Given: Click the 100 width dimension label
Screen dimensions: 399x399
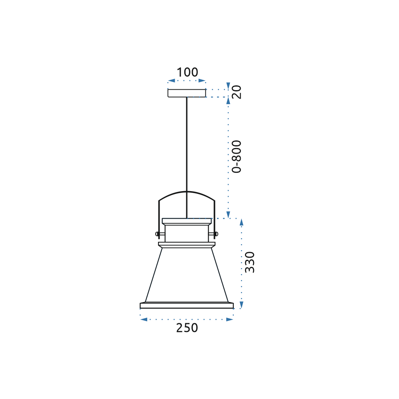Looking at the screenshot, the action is [187, 72].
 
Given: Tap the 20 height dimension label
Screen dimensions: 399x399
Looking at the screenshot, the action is [237, 92].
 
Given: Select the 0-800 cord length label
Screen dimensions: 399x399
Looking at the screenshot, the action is [237, 156].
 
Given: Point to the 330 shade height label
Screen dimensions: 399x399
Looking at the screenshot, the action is [250, 262].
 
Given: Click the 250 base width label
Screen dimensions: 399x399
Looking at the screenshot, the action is [187, 328].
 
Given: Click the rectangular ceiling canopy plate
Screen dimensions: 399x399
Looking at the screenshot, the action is [187, 93].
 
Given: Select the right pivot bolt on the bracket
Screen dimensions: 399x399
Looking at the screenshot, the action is [213, 234].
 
